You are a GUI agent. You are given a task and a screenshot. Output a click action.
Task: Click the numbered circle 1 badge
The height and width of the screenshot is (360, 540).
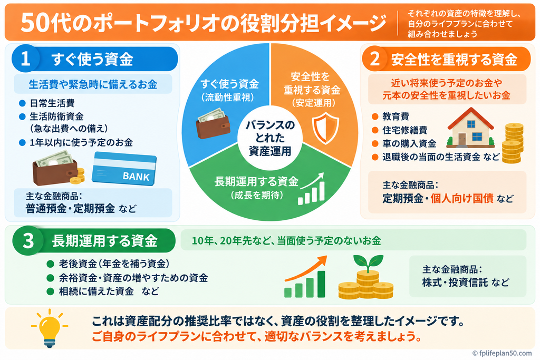(x=25, y=59)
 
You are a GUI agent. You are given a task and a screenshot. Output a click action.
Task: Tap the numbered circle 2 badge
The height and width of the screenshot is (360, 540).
(x=374, y=59)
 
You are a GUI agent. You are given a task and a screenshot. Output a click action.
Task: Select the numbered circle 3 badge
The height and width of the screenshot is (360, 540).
(x=28, y=240)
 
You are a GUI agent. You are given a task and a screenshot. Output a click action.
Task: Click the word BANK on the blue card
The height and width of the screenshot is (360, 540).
(x=136, y=177)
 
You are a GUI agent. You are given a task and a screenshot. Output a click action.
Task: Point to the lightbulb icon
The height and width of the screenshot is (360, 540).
(x=49, y=328)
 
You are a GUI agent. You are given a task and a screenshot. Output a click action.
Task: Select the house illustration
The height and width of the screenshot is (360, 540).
(x=470, y=128)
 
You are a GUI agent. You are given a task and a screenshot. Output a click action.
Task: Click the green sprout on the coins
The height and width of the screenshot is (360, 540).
(x=368, y=262)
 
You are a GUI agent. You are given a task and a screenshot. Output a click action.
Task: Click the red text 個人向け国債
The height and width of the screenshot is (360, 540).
(x=462, y=198)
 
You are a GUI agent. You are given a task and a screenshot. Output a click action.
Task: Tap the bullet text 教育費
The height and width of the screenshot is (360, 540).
(x=396, y=116)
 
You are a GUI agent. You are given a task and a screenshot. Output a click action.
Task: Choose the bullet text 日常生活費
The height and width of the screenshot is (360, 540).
(x=52, y=103)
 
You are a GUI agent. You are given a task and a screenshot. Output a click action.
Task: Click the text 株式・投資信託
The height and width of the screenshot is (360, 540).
(x=455, y=282)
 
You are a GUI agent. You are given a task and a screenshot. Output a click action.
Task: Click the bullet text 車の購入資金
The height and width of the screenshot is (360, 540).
(x=409, y=143)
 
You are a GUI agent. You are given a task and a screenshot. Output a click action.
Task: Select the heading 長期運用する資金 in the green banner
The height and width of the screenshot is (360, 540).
(x=105, y=240)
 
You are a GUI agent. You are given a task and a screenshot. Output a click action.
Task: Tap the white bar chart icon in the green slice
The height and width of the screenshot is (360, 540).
(x=311, y=189)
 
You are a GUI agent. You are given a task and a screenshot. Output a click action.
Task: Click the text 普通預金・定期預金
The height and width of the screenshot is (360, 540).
(x=70, y=208)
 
